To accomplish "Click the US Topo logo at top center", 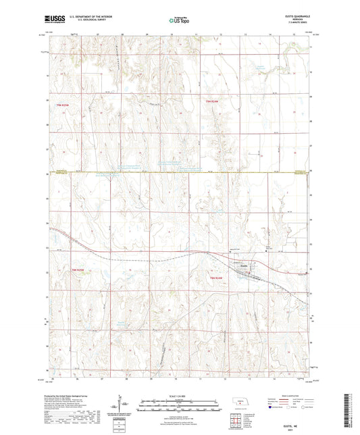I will tap(179, 20).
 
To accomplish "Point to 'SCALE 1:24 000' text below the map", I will tap(180, 395).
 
